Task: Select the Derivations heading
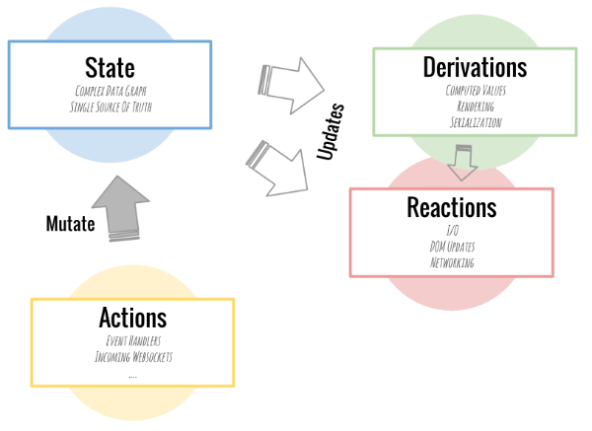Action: point(475,67)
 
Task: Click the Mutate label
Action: point(70,224)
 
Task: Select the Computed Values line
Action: point(475,91)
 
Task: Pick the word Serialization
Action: point(475,122)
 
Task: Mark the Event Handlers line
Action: point(132,340)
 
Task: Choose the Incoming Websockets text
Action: point(132,356)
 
